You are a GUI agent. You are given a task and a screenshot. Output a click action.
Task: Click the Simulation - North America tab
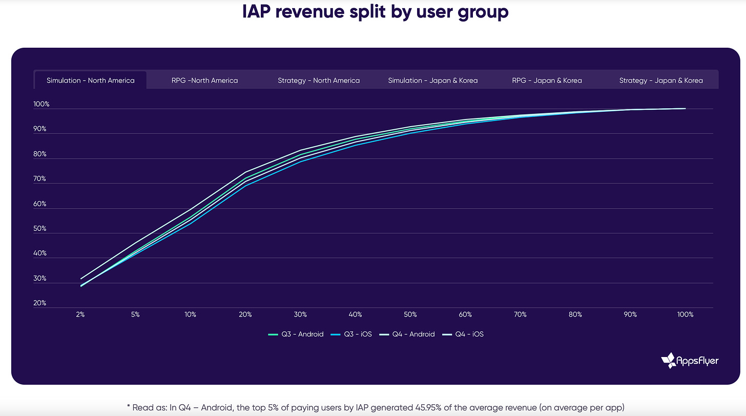point(90,81)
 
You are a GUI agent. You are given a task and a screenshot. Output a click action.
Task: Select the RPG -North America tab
point(204,81)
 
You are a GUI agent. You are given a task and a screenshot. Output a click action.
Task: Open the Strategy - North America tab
point(319,81)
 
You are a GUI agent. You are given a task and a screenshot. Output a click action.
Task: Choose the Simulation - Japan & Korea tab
point(433,81)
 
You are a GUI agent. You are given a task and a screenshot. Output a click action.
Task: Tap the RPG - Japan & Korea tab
point(547,81)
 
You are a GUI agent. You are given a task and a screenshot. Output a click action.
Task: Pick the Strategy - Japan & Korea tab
point(661,81)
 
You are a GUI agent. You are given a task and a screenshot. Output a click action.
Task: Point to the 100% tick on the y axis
point(42,105)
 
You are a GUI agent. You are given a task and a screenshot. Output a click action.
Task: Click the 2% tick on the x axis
point(80,314)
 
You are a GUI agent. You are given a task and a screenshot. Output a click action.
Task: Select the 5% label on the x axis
point(135,314)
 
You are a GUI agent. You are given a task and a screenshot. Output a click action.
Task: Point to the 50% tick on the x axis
point(410,314)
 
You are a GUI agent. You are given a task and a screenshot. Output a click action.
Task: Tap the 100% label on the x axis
point(685,314)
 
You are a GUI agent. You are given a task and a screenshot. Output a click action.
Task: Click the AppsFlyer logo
point(690,361)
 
